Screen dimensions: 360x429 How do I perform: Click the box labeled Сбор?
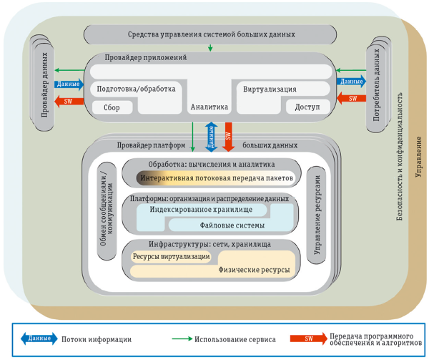[x=112, y=107]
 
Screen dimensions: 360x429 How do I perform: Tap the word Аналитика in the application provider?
[x=209, y=107]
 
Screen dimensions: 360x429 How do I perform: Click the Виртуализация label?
[x=270, y=89]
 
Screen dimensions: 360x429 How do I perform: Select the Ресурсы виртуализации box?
[x=172, y=256]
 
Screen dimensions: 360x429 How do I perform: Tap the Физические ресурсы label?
[x=255, y=271]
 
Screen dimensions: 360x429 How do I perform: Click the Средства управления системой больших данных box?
[x=209, y=34]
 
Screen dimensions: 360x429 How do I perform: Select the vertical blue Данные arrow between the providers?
[x=211, y=136]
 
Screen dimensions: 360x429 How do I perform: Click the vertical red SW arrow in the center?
[x=228, y=136]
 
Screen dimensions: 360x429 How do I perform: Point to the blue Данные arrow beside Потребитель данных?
[x=352, y=82]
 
